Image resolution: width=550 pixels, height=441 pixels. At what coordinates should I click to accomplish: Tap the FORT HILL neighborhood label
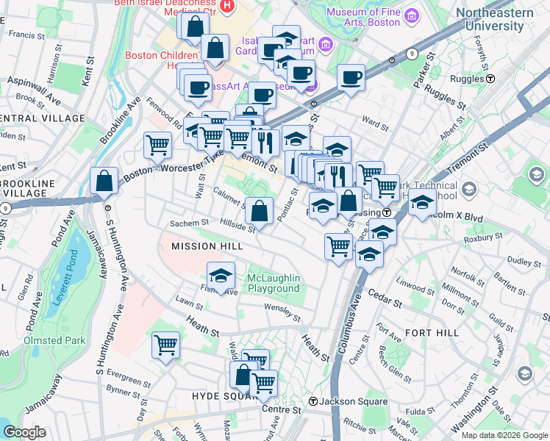(432, 333)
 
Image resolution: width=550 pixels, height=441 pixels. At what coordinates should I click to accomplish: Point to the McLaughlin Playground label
(274, 283)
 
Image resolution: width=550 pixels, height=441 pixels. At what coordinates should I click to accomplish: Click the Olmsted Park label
(54, 340)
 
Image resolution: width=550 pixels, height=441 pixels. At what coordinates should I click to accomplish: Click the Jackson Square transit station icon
(313, 401)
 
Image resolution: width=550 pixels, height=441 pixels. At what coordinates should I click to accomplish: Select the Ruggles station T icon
(489, 78)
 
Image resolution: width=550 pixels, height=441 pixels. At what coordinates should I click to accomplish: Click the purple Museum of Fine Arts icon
(411, 17)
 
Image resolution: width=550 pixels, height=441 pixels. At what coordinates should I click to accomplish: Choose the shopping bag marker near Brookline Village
(104, 180)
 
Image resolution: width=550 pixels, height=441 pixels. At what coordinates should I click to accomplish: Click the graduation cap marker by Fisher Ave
(221, 276)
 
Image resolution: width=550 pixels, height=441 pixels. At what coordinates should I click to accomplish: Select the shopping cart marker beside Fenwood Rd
(158, 145)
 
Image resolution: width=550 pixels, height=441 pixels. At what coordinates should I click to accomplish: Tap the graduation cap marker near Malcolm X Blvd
(422, 202)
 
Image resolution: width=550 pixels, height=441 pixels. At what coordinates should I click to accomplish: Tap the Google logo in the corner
(25, 432)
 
